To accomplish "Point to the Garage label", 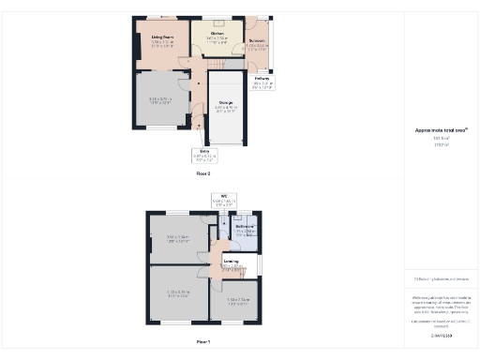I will click(226, 104).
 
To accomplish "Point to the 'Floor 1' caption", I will click(203, 342).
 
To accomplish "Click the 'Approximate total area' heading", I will click(441, 130).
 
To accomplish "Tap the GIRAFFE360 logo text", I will click(441, 335).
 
